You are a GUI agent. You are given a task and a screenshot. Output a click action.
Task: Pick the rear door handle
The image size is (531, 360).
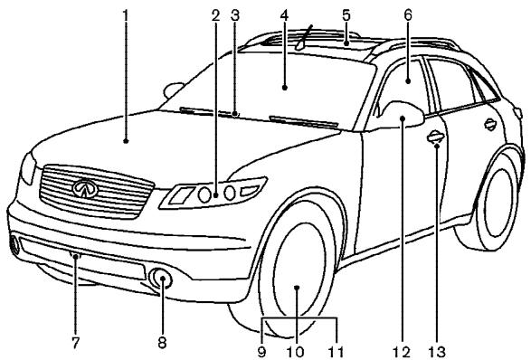(x=491, y=124)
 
